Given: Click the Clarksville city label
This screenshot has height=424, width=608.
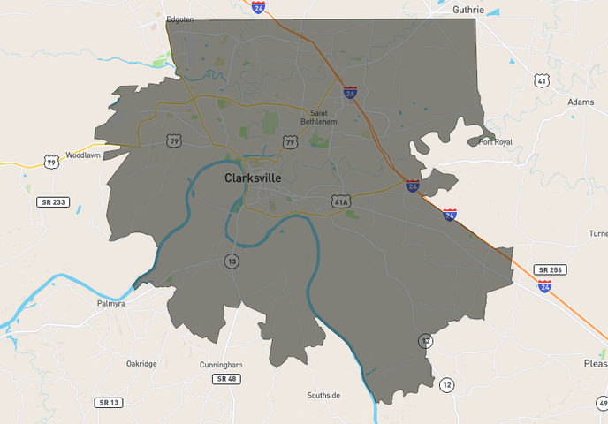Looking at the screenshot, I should coord(253,178).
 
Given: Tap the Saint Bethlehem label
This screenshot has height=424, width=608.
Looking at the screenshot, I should coord(319,117).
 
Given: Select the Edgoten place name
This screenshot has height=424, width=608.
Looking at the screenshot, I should coord(179,19).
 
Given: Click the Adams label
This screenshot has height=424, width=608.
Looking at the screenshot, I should coord(581,102).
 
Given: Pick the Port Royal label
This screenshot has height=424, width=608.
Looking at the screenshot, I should coord(495,141).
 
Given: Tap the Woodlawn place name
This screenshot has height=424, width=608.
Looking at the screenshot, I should coord(83,155).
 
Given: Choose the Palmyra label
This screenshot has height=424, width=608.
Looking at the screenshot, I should coord(111,303).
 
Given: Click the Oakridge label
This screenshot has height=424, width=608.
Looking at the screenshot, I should coord(141,363).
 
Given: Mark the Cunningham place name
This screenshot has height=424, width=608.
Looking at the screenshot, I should coord(221,365).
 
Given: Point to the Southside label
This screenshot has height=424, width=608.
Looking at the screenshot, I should coord(323,395).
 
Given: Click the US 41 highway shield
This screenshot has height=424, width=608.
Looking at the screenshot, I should coord(542,81).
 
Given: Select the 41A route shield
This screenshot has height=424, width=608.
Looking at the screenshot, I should coord(341,201).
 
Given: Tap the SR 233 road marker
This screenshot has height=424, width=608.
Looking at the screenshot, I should coord(52,201).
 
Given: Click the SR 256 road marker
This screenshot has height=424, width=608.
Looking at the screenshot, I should coord(550,269).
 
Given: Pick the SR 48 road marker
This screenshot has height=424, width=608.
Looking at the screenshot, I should coord(225,379).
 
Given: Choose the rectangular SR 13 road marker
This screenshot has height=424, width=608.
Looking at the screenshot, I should coord(108,402).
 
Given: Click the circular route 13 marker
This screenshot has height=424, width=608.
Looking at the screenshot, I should coord(232,261).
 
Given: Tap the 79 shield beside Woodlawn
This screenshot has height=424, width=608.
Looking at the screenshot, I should coord(52,162).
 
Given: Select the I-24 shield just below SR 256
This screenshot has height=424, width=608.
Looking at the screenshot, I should coord(544,285).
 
